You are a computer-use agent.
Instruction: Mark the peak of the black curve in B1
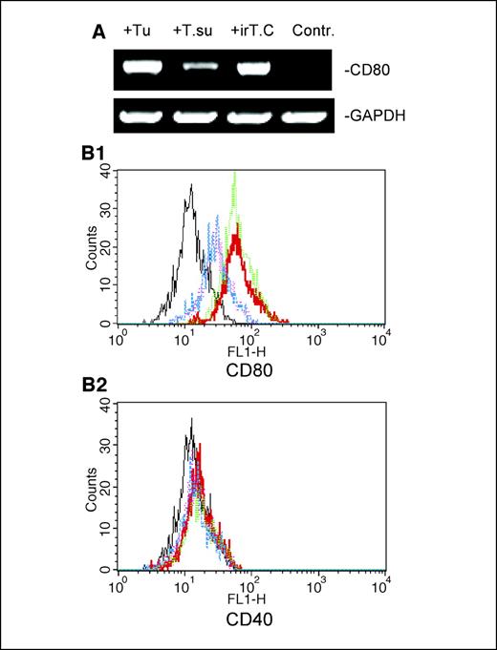pyautogui.click(x=192, y=187)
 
